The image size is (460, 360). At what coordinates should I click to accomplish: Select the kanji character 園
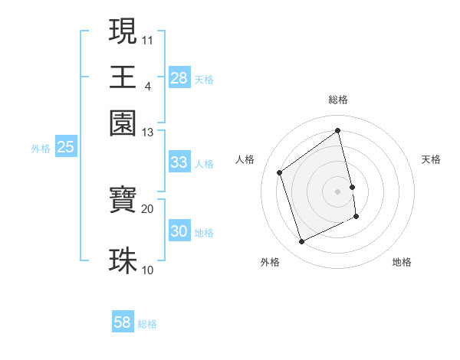pos(123,123)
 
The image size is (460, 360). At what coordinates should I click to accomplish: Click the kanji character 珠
pos(123,260)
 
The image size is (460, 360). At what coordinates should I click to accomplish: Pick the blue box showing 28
pos(179,78)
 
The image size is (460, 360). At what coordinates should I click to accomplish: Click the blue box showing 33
pos(179,162)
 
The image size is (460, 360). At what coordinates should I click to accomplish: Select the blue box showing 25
pos(65,148)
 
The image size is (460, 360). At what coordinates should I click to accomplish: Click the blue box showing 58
pos(123,322)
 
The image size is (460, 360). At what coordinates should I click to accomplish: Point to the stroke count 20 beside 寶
pos(148,208)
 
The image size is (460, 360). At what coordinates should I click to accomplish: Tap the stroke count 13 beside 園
pos(148,133)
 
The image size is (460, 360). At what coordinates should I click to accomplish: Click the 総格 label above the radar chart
pos(338,100)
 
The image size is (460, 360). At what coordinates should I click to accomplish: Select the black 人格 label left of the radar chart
pos(245,159)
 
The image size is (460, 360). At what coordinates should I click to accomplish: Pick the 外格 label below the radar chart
pos(270,263)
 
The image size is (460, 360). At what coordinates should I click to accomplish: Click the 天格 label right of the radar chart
pos(431,159)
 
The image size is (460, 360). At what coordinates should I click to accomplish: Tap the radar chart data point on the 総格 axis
pos(338,131)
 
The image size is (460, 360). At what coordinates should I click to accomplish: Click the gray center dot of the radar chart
pos(338,191)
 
